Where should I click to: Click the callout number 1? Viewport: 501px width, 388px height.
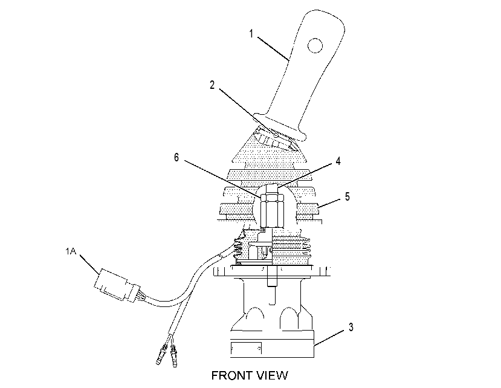(x=251, y=34)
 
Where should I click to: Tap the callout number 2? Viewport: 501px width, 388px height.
(x=212, y=85)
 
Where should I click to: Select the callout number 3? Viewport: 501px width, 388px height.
(x=351, y=328)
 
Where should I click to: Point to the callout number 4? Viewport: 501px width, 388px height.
(x=338, y=161)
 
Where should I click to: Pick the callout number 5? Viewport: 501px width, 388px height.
(x=347, y=196)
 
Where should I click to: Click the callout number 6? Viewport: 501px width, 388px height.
(x=176, y=157)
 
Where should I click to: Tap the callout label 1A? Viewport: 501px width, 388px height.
(x=71, y=251)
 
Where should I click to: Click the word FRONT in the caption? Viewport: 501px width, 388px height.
(x=231, y=375)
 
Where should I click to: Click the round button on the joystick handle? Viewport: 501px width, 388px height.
(x=315, y=46)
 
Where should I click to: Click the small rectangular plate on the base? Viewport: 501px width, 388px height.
(x=246, y=348)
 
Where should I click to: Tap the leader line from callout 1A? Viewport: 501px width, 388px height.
(x=90, y=264)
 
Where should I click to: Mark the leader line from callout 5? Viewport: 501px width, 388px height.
(x=329, y=203)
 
